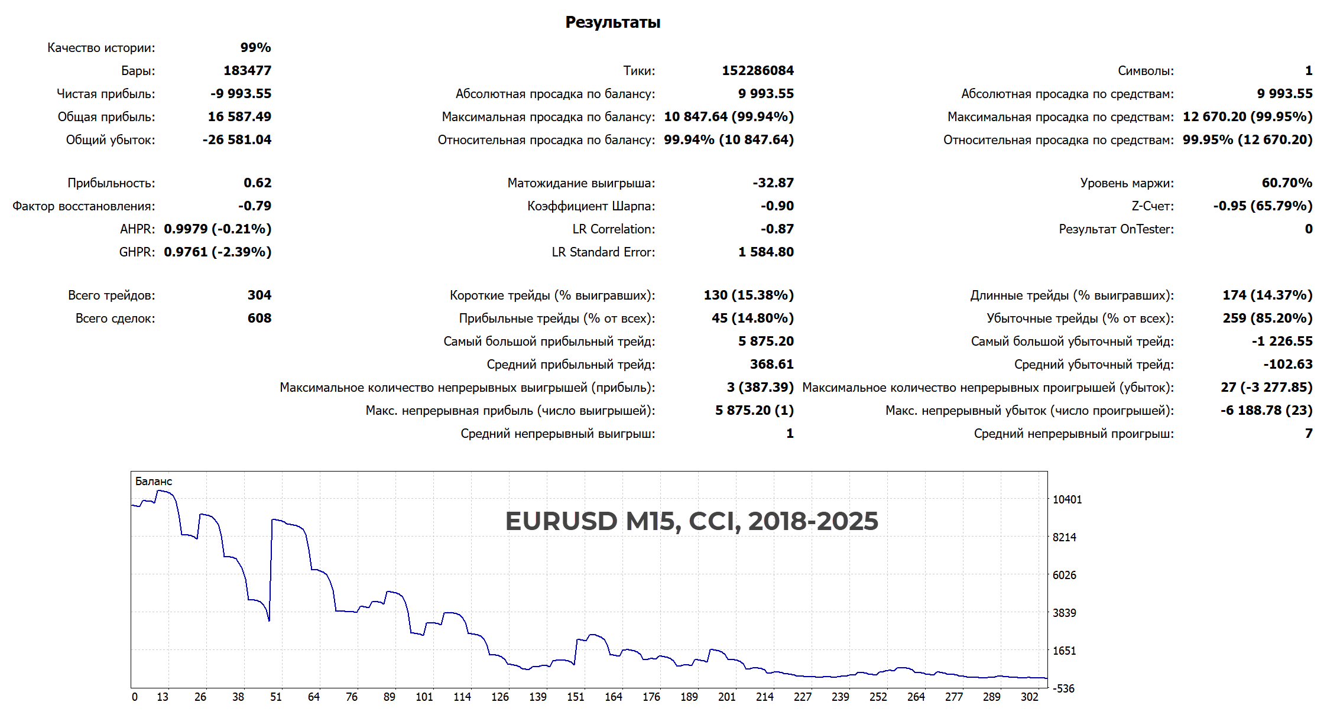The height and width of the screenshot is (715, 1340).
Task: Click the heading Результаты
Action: tap(612, 22)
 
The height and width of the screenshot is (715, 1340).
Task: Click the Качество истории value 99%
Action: tap(255, 48)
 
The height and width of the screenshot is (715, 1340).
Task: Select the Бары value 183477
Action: tap(247, 71)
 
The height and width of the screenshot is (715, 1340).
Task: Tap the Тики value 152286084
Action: tap(757, 71)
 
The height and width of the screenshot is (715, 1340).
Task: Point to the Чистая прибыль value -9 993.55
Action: tap(241, 94)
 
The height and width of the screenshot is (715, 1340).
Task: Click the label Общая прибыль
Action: tap(106, 117)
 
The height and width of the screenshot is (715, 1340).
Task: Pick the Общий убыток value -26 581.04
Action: tap(236, 140)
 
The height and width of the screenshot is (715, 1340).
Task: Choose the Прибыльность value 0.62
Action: tap(257, 183)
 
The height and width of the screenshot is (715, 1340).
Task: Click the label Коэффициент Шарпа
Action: tap(591, 206)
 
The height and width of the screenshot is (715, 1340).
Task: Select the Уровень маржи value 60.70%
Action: tap(1286, 183)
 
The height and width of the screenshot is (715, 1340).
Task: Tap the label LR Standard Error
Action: tap(603, 252)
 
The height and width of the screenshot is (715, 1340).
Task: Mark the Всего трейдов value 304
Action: tap(259, 295)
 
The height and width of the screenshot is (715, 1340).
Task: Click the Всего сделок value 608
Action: tap(259, 318)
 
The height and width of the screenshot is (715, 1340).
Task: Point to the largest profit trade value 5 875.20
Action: tap(765, 342)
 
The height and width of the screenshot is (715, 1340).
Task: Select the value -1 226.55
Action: tap(1281, 342)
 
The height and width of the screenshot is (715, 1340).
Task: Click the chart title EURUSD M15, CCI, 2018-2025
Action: tap(692, 521)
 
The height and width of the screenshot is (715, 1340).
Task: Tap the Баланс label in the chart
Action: tap(154, 482)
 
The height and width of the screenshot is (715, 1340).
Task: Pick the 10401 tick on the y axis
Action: tap(1067, 500)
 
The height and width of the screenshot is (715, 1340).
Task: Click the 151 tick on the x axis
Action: tap(575, 697)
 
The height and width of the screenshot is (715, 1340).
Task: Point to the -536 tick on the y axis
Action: tap(1063, 689)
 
